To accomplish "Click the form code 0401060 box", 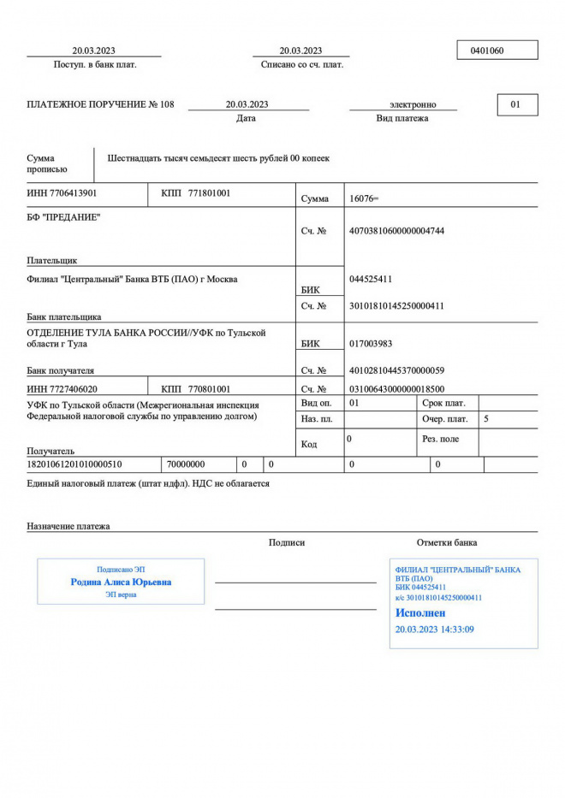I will click(497, 50).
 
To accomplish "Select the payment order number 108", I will click(166, 104).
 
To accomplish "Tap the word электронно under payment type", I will click(413, 104).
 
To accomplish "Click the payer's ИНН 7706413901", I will click(62, 193).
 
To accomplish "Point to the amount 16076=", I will click(364, 198).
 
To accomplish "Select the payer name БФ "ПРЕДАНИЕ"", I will click(63, 217).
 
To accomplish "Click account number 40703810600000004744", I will click(397, 231).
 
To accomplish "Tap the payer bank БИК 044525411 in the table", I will click(372, 279).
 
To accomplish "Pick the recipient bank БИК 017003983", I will click(372, 344).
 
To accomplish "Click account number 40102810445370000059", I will click(397, 370).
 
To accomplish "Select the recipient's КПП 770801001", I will click(209, 389).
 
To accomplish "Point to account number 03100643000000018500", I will click(397, 389).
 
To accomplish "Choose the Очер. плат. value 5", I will click(486, 419).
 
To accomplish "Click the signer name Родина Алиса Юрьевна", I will click(121, 582).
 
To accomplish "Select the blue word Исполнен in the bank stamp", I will click(420, 613).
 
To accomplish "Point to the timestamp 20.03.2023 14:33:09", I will click(434, 630).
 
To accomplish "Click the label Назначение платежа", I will click(68, 526).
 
